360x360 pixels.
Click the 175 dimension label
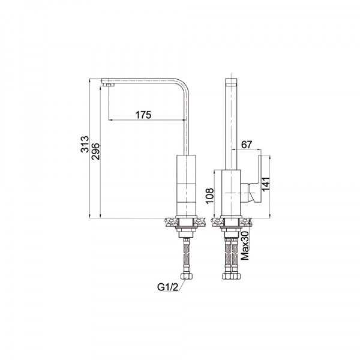coord(143,115)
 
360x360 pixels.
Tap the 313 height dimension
coord(85,144)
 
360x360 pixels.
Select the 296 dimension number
coord(95,151)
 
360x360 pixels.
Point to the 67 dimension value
coord(247,145)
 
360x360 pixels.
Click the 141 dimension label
coord(265,184)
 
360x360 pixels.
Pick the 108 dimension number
coord(209,196)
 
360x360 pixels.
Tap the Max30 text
coord(245,245)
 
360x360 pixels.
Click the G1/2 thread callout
coord(167,287)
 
